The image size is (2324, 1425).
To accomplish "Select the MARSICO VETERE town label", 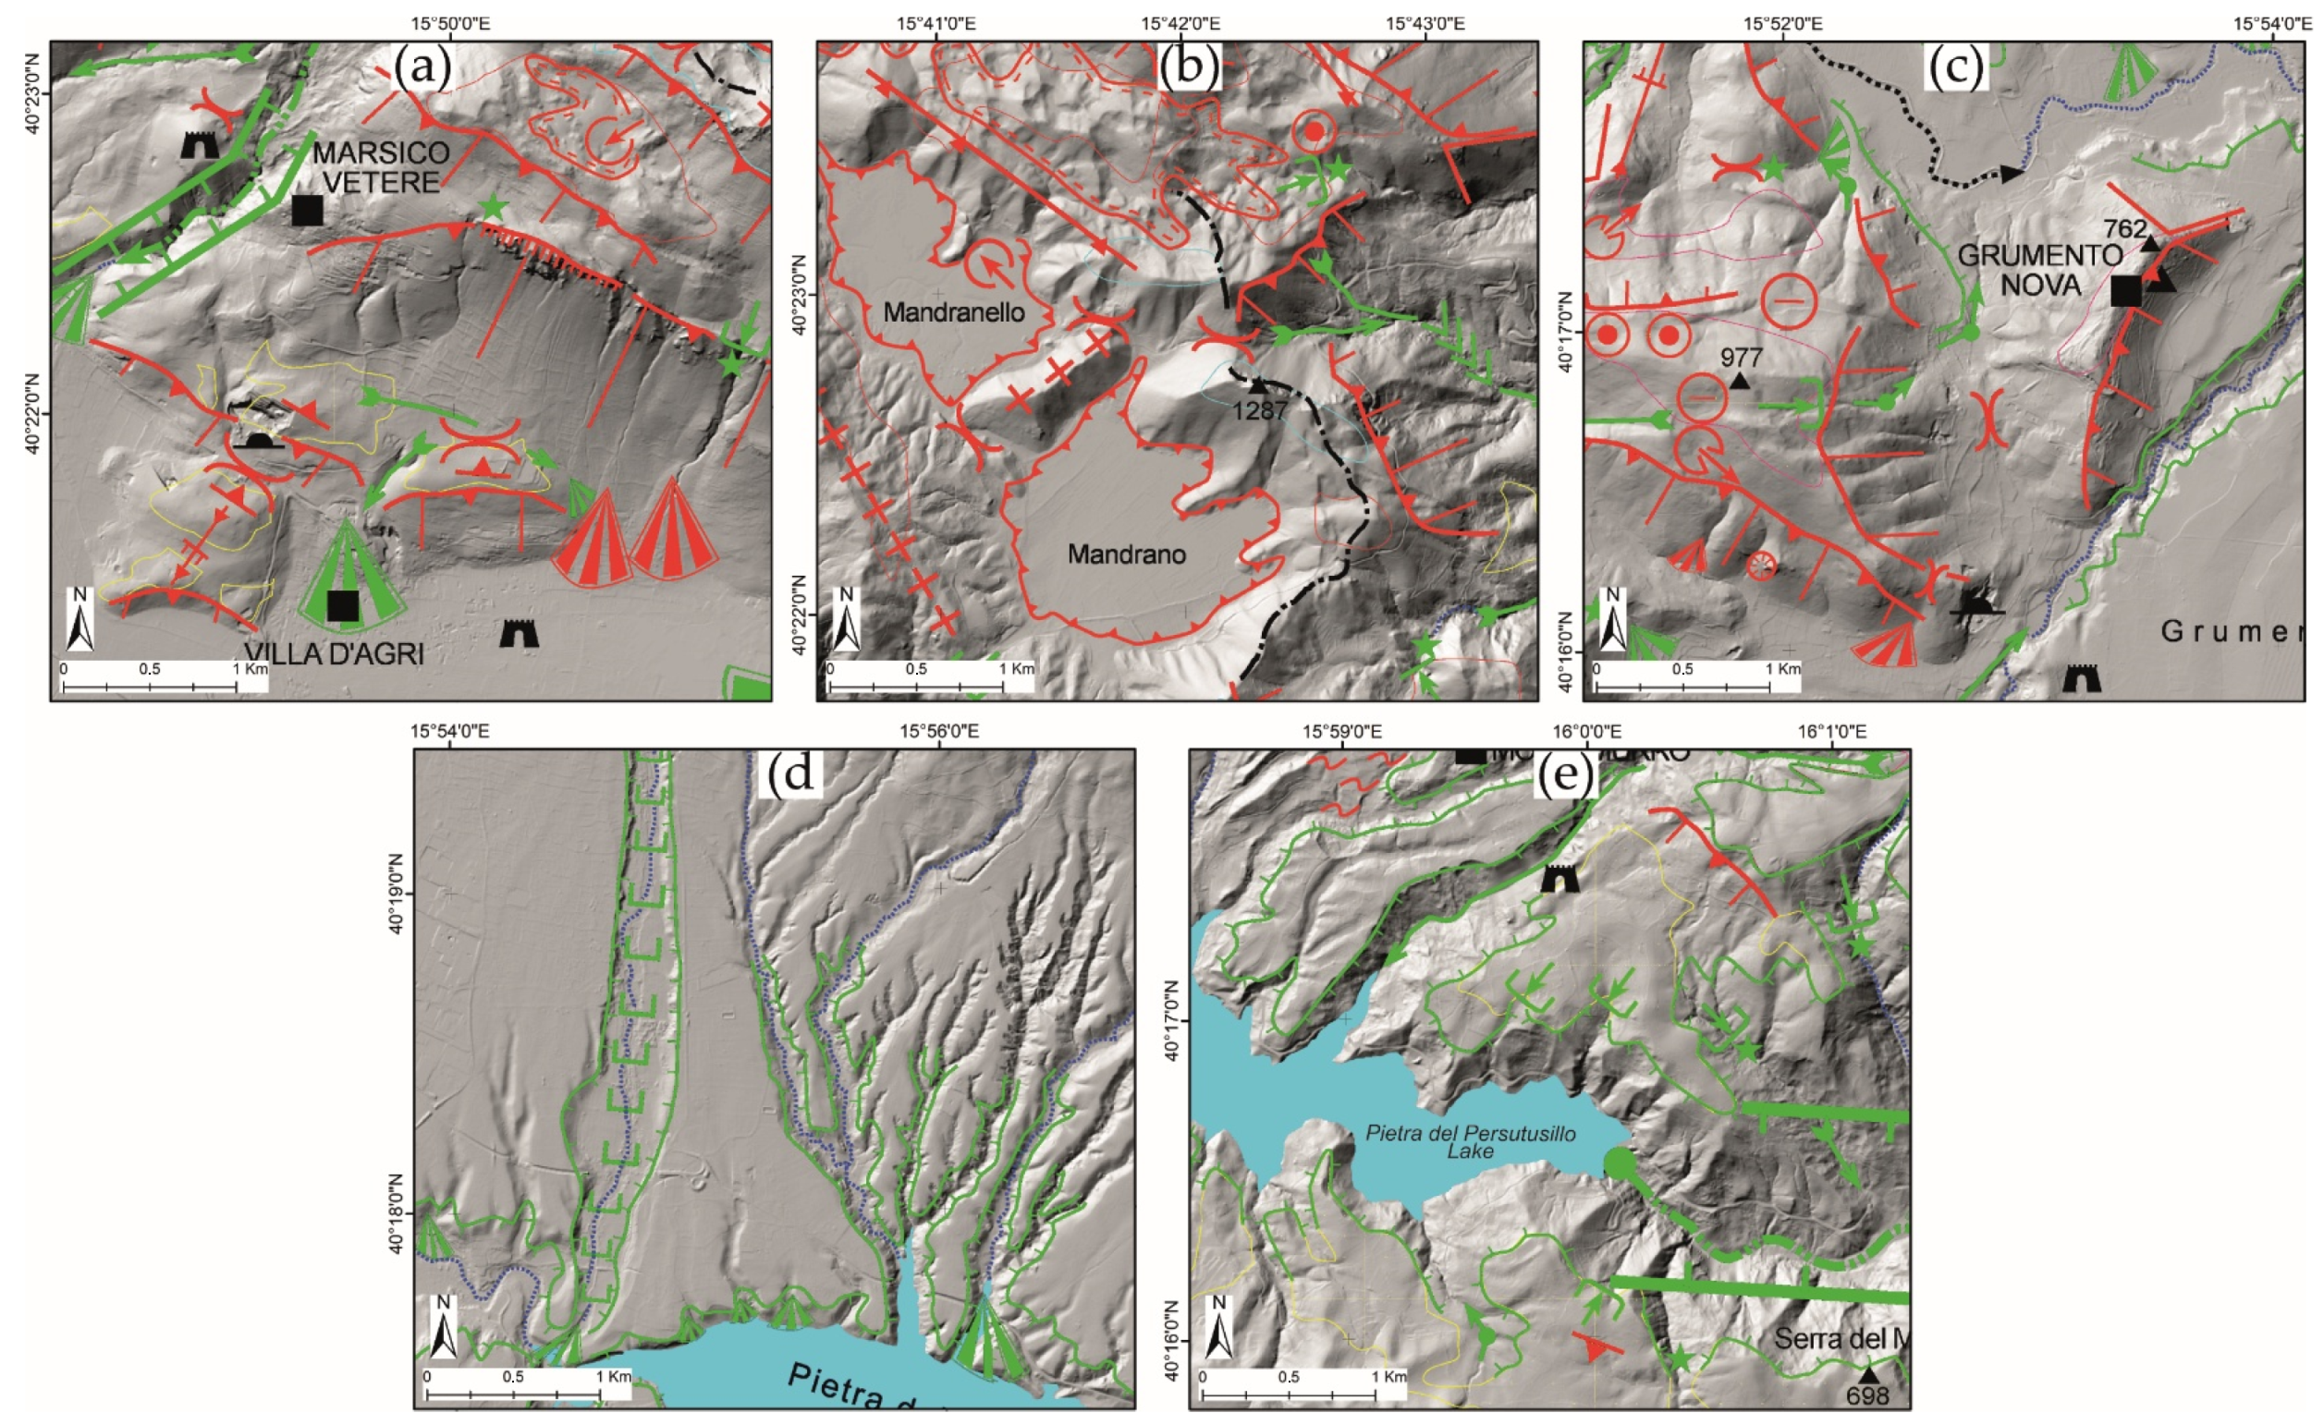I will [x=381, y=166].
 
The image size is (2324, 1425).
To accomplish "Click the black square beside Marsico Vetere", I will [x=308, y=211].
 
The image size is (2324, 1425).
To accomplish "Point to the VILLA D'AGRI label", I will [x=334, y=652].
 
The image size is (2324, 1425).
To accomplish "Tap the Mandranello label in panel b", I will [x=954, y=312].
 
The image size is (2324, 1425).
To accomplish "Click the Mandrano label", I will [x=1126, y=554].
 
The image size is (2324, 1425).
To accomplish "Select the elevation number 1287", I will [x=1260, y=411].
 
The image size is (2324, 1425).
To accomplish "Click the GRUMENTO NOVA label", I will [x=2020, y=269].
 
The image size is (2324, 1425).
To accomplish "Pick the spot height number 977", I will [x=1741, y=357].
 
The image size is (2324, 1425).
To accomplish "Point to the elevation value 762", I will [x=2125, y=229].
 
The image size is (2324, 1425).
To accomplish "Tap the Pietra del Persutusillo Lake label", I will [x=1470, y=1141].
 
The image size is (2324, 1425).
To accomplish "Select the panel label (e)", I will [x=1565, y=775].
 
